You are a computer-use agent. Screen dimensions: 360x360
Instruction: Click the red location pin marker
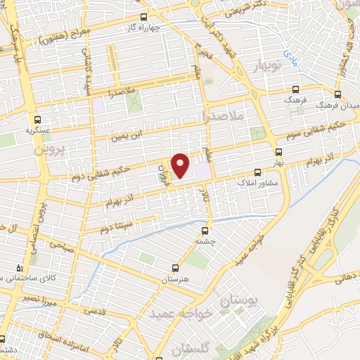click(x=181, y=165)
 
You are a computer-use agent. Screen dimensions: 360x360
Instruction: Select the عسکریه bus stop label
click(x=36, y=130)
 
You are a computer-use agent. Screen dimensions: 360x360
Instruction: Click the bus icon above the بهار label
click(x=279, y=152)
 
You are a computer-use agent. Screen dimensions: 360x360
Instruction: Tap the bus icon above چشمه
click(x=205, y=230)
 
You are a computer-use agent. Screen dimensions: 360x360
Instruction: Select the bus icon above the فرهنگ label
click(x=295, y=90)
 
